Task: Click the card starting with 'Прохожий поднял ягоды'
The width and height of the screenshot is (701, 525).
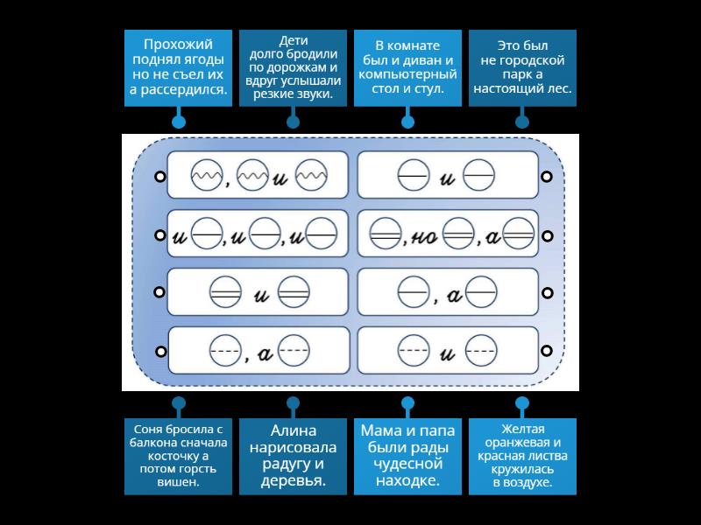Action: [x=178, y=68]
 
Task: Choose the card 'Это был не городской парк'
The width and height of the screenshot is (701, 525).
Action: [x=522, y=68]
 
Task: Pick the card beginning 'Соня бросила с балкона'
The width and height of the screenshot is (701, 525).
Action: [x=178, y=456]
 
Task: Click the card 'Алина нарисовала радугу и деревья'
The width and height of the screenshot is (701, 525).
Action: [x=293, y=456]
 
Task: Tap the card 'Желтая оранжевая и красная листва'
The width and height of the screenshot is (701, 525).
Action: [x=522, y=456]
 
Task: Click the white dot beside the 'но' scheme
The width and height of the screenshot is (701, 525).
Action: [x=547, y=235]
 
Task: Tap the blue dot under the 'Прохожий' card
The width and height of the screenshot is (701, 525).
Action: [x=178, y=122]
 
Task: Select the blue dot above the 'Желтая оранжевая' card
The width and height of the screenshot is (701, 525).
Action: [x=522, y=403]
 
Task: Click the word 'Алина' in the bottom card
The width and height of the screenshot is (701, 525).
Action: [x=293, y=430]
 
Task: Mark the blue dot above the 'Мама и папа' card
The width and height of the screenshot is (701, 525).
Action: [x=407, y=403]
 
